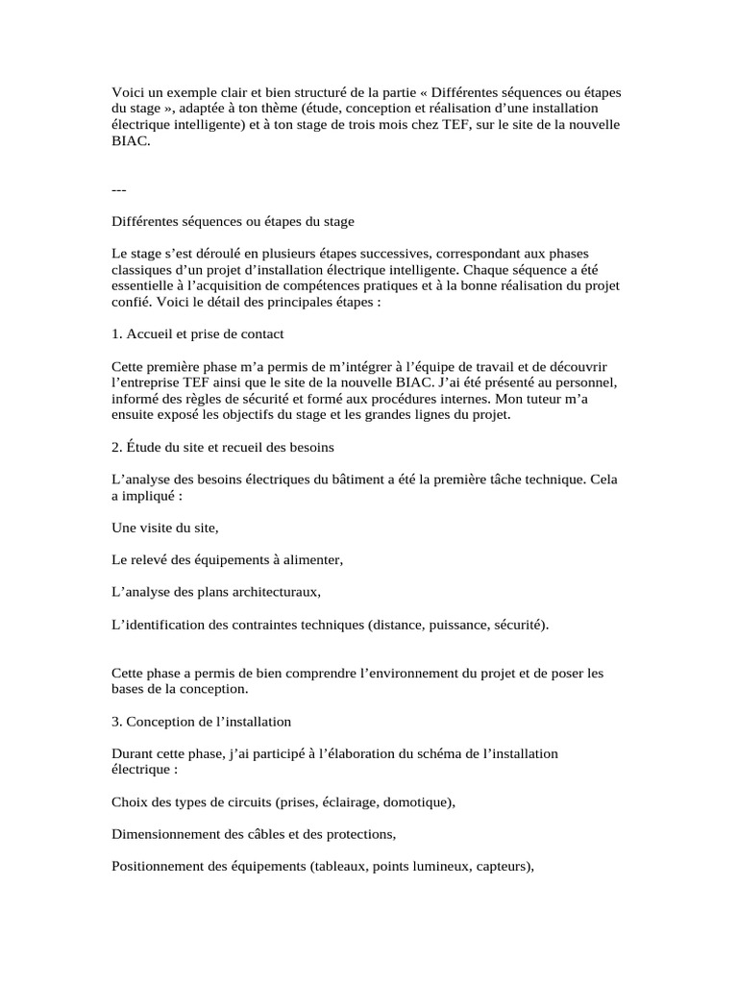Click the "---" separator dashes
[x=119, y=188]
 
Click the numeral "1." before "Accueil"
[x=117, y=334]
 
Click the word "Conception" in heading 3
[x=166, y=721]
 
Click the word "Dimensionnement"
[x=169, y=834]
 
